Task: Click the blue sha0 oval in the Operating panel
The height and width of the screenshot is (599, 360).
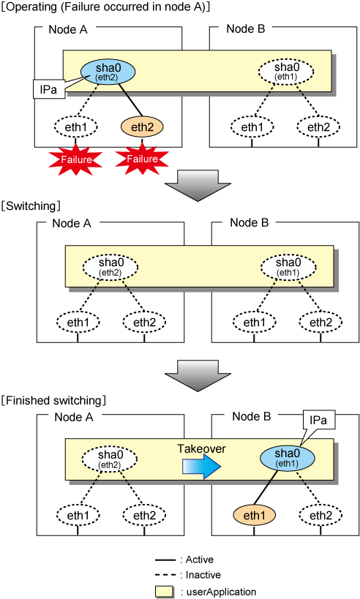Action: point(108,72)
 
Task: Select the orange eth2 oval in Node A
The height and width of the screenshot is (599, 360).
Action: point(142,127)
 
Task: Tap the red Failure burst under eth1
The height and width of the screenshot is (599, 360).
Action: point(75,159)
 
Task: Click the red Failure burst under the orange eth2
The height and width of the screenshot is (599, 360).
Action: point(142,159)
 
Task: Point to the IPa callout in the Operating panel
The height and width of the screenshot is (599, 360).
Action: point(48,89)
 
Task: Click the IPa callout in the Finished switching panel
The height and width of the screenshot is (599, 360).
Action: point(318,421)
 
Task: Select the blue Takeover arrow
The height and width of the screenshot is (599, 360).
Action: point(201,467)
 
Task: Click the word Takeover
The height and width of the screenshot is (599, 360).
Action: point(201,448)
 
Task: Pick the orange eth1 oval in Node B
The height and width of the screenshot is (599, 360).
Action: point(254,516)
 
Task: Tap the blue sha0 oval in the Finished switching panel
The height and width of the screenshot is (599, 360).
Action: point(288,458)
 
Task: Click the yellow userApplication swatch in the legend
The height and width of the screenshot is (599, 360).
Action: point(165,592)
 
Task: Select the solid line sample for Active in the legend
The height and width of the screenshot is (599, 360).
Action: point(165,560)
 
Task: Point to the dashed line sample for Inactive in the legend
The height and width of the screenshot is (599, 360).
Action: point(165,575)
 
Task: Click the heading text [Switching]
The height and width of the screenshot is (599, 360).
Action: point(31,206)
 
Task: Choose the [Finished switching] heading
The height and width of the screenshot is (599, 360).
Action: point(53,400)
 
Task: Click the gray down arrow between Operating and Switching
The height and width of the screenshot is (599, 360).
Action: point(198,186)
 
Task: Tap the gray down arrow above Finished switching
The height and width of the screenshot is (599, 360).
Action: point(198,376)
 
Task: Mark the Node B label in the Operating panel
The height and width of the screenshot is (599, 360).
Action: point(246,29)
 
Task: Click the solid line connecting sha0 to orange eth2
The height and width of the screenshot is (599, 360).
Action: point(130,99)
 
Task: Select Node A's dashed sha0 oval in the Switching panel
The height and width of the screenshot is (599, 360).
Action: point(110,267)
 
